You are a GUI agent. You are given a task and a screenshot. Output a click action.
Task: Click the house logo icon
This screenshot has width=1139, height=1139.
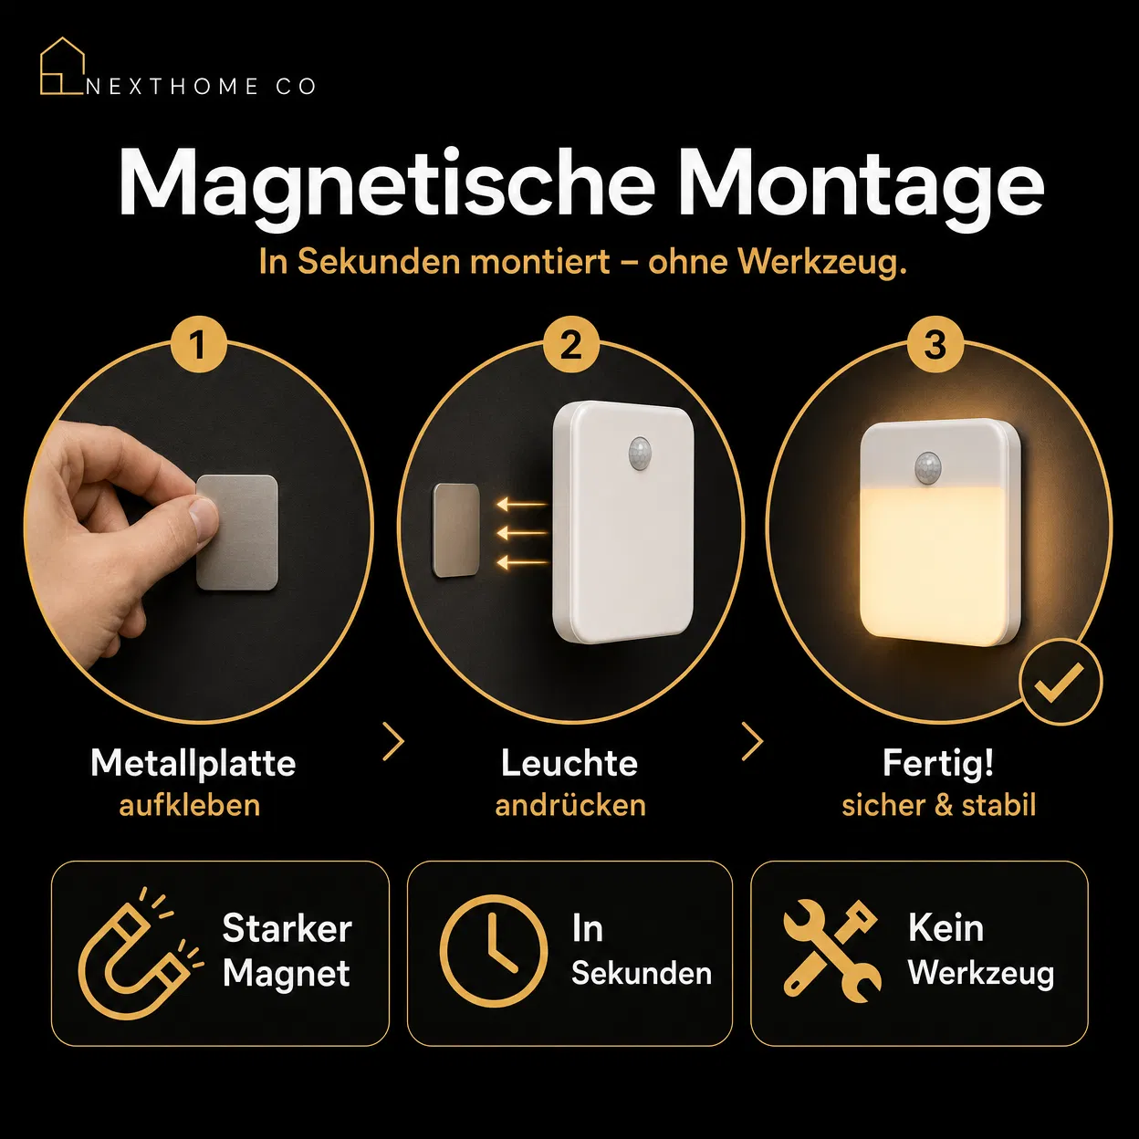(x=61, y=67)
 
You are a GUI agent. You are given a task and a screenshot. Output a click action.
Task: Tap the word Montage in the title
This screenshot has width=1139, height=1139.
(x=860, y=186)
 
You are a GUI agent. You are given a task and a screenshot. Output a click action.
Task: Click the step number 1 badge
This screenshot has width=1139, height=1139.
(x=199, y=345)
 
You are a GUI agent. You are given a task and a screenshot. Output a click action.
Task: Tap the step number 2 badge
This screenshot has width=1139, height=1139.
(x=571, y=345)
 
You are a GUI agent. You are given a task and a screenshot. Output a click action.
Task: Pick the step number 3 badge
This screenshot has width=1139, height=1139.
(x=935, y=345)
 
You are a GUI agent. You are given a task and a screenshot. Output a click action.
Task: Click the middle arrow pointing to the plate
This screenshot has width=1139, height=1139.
(x=522, y=534)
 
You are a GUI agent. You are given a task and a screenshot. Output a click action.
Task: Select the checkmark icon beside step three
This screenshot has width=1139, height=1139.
(x=1060, y=682)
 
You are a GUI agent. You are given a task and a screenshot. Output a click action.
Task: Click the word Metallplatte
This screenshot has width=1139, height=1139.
(x=193, y=763)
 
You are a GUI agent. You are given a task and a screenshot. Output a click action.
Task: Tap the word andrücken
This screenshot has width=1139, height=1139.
(x=570, y=805)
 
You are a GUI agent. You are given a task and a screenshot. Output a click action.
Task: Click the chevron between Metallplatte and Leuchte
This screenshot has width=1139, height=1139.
(x=393, y=740)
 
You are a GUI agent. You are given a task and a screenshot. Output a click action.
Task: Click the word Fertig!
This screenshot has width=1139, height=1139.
(x=938, y=763)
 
